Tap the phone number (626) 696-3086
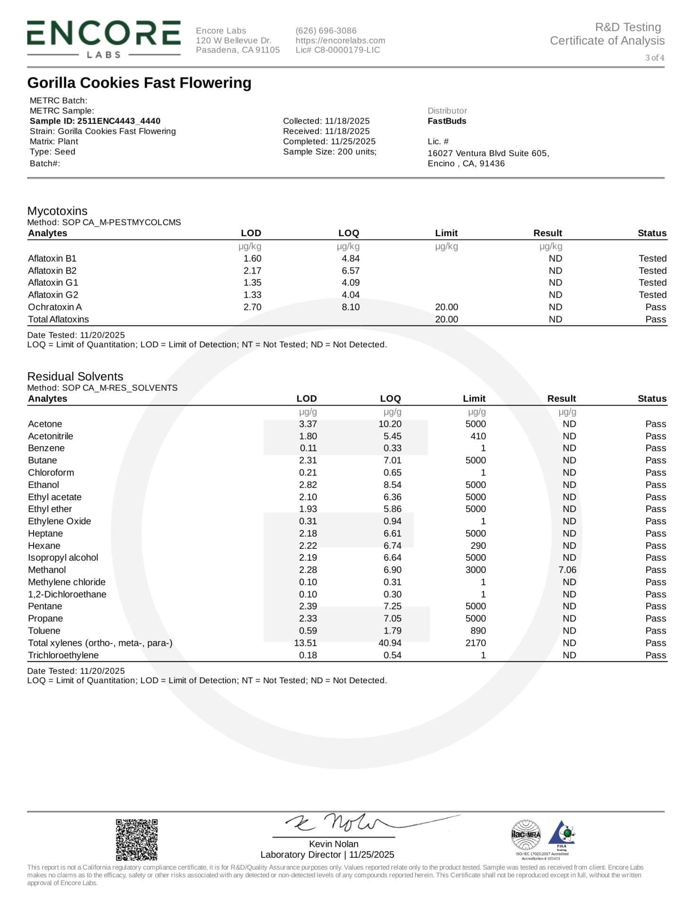pos(326,31)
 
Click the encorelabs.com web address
pos(340,41)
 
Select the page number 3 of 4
pos(655,58)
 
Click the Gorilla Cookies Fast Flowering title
pos(139,83)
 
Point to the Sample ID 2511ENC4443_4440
pos(95,121)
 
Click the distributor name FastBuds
pos(447,121)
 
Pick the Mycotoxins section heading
pos(57,211)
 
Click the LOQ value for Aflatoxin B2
pos(351,271)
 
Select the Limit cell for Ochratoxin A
pos(446,307)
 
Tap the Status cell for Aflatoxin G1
pos(652,282)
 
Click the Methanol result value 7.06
pos(567,570)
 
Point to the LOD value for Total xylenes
pos(305,643)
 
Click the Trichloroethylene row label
pos(63,655)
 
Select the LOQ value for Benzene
pos(393,448)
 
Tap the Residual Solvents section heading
pos(75,377)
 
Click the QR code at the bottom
pos(137,840)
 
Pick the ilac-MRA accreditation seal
pos(526,835)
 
